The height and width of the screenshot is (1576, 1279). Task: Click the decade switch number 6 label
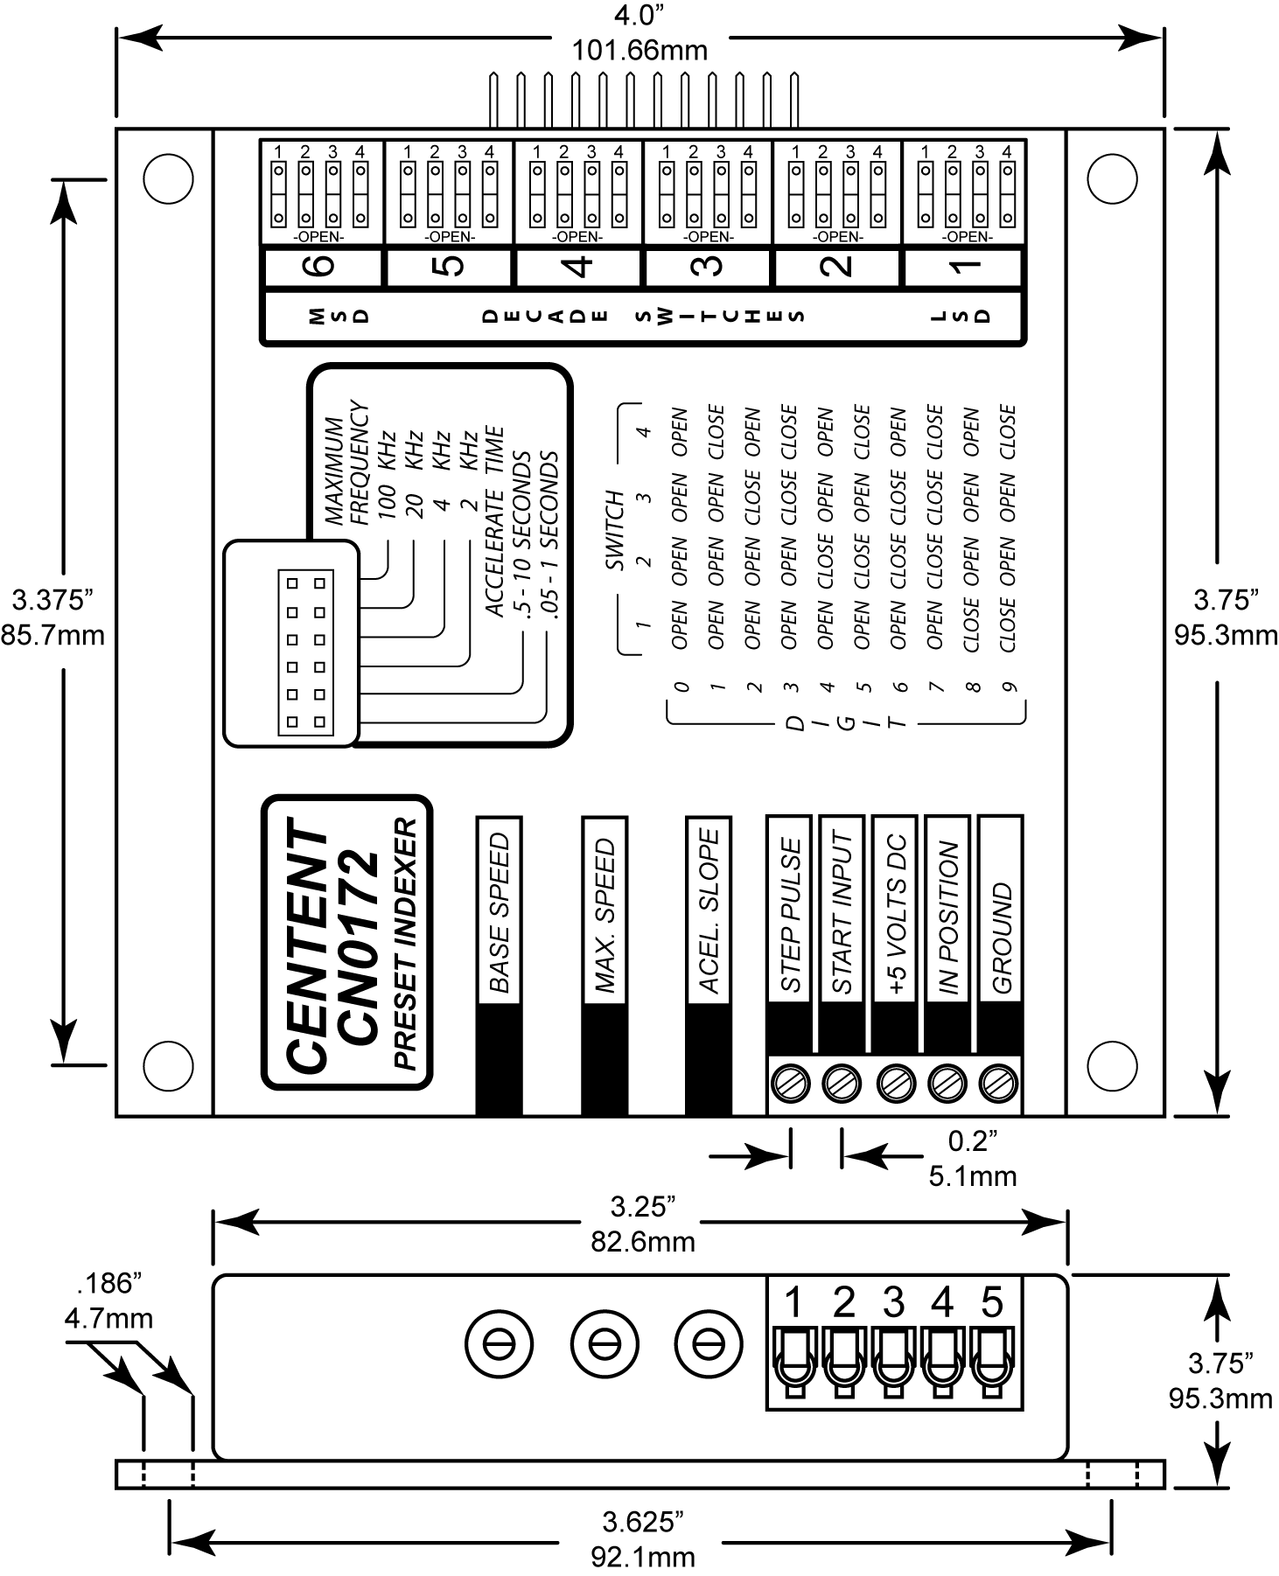click(x=323, y=266)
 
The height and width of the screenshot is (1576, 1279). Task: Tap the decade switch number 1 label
click(x=966, y=266)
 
